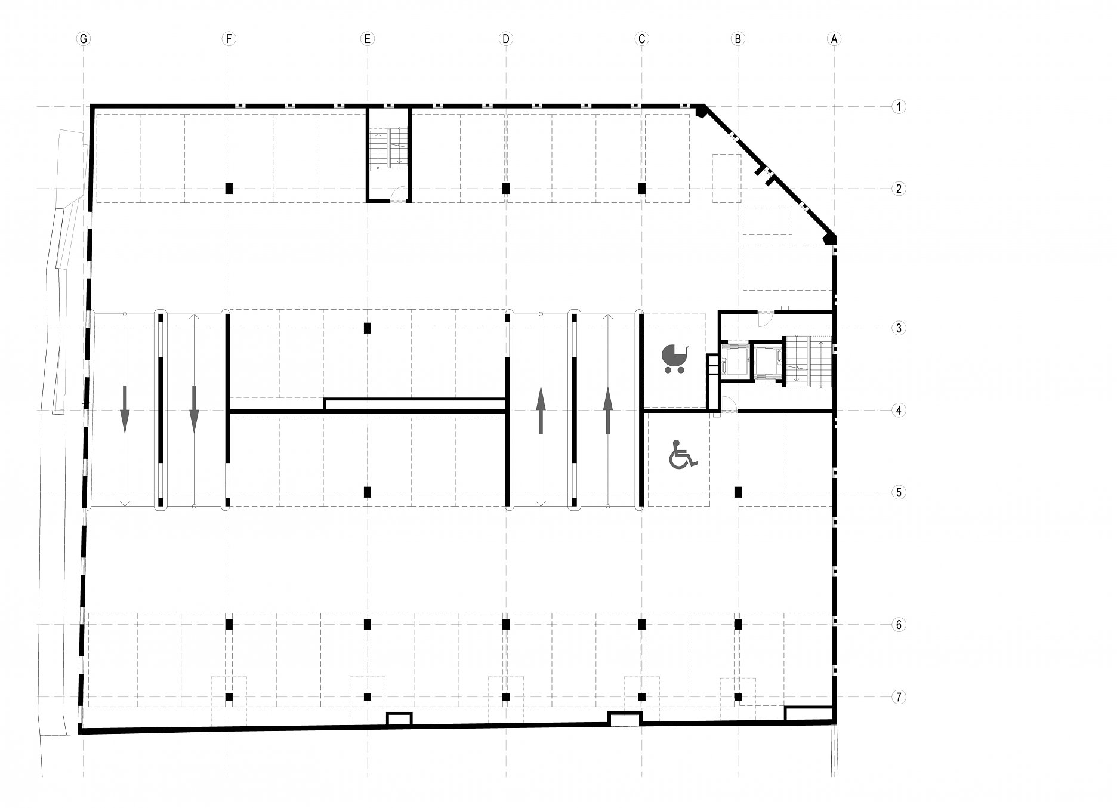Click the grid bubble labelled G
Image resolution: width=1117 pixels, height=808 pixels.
pyautogui.click(x=84, y=39)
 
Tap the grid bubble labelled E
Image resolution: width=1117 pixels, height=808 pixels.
pyautogui.click(x=368, y=39)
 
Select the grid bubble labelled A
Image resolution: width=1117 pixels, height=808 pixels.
pyautogui.click(x=834, y=39)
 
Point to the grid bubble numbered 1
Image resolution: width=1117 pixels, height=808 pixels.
pyautogui.click(x=899, y=107)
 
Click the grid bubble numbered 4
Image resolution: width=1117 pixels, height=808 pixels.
pyautogui.click(x=899, y=411)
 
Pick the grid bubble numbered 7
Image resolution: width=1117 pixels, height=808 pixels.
pyautogui.click(x=899, y=697)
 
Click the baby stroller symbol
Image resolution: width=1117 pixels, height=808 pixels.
pyautogui.click(x=675, y=359)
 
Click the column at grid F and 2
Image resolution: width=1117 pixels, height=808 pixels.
pyautogui.click(x=229, y=189)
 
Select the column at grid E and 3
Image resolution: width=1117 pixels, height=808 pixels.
pyautogui.click(x=368, y=328)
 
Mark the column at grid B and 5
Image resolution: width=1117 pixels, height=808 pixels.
pyautogui.click(x=738, y=492)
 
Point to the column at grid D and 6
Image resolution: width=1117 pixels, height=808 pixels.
pyautogui.click(x=506, y=625)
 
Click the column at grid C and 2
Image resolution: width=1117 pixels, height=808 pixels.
pyautogui.click(x=642, y=189)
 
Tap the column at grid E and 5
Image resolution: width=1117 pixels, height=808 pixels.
pyautogui.click(x=368, y=492)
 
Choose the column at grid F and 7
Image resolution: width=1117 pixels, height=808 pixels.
pyautogui.click(x=229, y=697)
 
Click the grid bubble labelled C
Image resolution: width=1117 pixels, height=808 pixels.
pyautogui.click(x=642, y=39)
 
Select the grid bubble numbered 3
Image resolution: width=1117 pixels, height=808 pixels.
pyautogui.click(x=899, y=328)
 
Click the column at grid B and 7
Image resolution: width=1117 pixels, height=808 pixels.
pyautogui.click(x=738, y=697)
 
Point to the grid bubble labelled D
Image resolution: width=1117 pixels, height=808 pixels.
pyautogui.click(x=506, y=39)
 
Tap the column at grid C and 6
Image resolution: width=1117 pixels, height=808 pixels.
pyautogui.click(x=642, y=625)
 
